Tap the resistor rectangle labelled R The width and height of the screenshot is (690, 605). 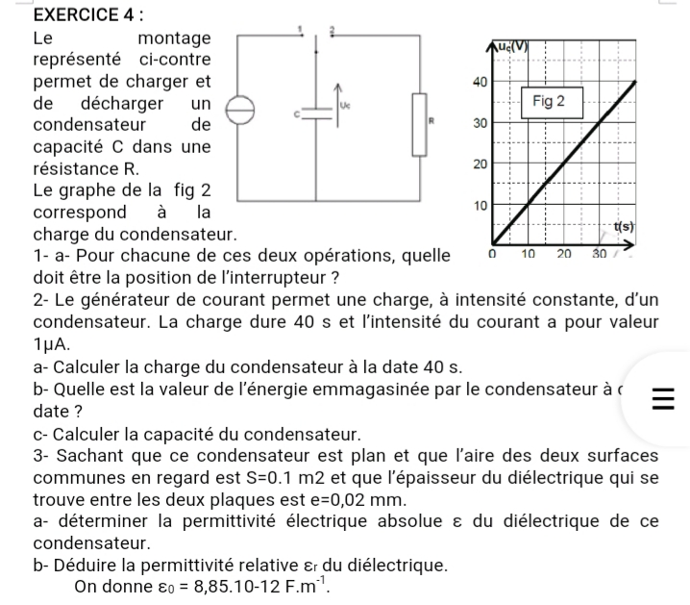[x=420, y=123]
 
